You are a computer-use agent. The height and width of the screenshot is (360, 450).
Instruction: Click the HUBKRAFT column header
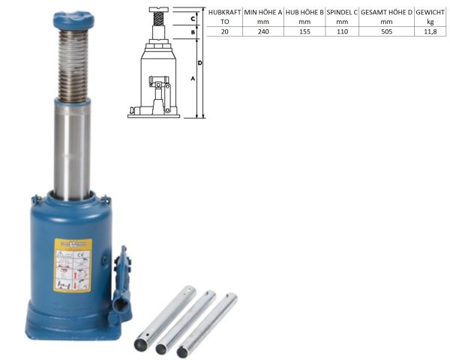224,13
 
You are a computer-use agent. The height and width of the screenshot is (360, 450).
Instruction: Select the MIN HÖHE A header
262,13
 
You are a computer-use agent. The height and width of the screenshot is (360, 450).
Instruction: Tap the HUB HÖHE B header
304,13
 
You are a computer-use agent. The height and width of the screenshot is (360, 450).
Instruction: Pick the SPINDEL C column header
341,13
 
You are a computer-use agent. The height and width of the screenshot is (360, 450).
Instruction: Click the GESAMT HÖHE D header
387,13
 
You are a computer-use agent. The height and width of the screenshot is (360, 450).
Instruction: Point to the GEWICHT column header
430,13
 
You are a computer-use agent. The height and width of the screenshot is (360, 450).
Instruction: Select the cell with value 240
262,33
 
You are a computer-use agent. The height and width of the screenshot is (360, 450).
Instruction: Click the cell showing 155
304,33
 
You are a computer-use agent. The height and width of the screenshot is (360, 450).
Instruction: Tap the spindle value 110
341,33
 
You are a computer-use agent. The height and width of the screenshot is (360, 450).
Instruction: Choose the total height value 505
387,33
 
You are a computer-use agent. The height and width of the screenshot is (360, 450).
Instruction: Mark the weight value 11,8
430,33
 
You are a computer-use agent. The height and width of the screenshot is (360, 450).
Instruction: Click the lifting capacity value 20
224,33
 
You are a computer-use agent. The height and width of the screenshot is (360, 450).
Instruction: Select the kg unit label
430,23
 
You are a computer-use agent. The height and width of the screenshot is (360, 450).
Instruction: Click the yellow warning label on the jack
73,265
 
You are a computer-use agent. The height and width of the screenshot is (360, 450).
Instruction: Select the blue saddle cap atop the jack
71,19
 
